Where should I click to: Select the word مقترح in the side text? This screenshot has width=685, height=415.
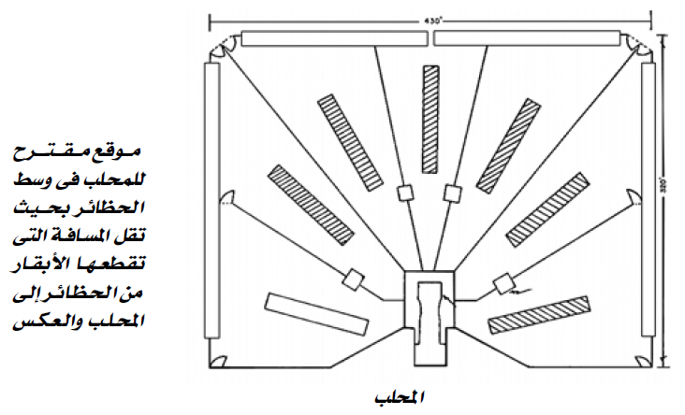click(66, 150)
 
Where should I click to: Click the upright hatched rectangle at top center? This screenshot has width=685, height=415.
click(431, 120)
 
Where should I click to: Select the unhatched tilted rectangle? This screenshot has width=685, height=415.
click(314, 313)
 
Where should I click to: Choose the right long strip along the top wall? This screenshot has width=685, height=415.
click(528, 38)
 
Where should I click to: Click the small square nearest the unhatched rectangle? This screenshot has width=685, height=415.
click(353, 279)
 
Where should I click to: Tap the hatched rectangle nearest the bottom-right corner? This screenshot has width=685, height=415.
click(540, 315)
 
